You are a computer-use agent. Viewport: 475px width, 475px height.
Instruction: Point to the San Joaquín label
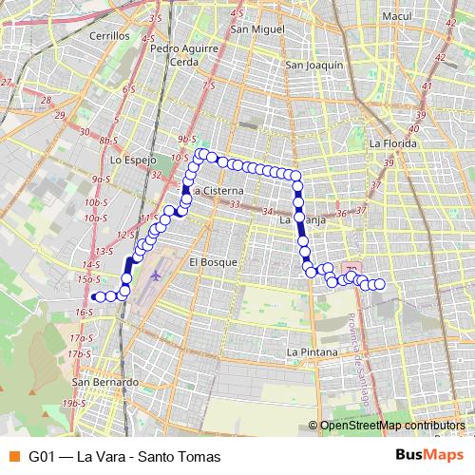pos(313,66)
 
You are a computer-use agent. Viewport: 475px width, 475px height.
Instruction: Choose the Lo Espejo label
pos(133,161)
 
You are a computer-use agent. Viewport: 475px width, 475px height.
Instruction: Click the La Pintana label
pos(312,351)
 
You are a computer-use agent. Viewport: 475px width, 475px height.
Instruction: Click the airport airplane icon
pos(156,275)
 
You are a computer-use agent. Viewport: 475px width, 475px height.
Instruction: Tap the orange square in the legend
pos(12,456)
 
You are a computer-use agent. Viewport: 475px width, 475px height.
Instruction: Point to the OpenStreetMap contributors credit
pos(391,427)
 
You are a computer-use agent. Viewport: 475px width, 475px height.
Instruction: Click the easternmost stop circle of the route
pos(379,284)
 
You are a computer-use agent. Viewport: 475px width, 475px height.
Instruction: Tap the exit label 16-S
pos(85,312)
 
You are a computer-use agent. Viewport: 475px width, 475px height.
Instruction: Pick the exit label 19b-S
pos(73,403)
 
